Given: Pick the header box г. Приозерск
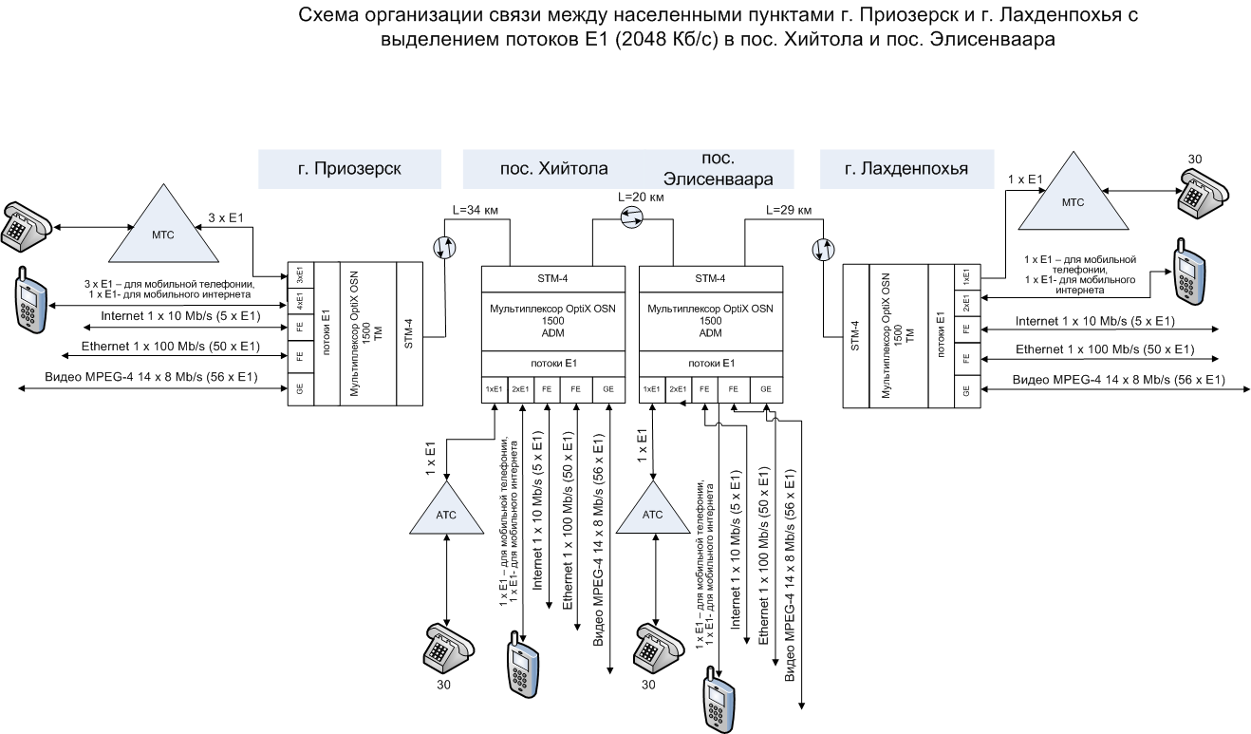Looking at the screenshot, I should [349, 169].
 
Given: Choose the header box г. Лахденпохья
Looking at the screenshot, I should [906, 169].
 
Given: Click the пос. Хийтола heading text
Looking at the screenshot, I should [554, 170].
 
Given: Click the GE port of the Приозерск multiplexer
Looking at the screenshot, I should [300, 389].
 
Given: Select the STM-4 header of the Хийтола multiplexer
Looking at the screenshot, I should [553, 278].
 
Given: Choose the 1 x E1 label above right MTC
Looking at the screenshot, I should [1025, 178].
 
